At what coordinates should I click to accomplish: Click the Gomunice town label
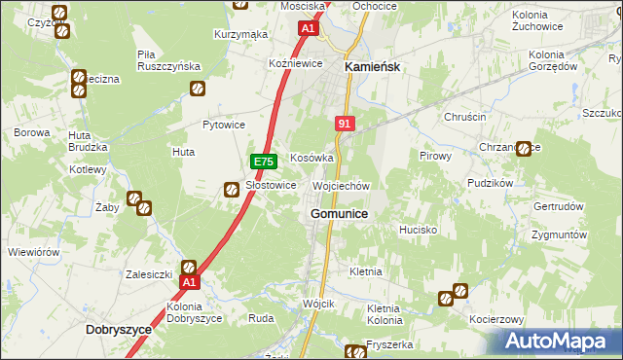point(339,213)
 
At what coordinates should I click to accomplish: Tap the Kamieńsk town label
point(374,66)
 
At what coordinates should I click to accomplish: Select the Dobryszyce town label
point(119,330)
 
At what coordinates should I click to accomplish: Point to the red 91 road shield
point(344,125)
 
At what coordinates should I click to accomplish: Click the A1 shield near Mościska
point(308,29)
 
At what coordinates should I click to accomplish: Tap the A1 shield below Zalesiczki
point(190,283)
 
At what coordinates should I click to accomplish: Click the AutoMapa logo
point(562,341)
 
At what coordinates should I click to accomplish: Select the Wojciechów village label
point(341,185)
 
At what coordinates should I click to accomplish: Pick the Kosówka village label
point(311,158)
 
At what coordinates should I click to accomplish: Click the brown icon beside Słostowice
point(233,189)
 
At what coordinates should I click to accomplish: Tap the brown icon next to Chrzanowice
point(524,149)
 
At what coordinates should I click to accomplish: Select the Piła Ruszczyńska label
point(168,59)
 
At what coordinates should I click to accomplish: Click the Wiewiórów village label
point(34,251)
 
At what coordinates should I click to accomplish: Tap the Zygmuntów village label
point(560,235)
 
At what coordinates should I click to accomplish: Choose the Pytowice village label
point(223,125)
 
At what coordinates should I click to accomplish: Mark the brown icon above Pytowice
point(197,90)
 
